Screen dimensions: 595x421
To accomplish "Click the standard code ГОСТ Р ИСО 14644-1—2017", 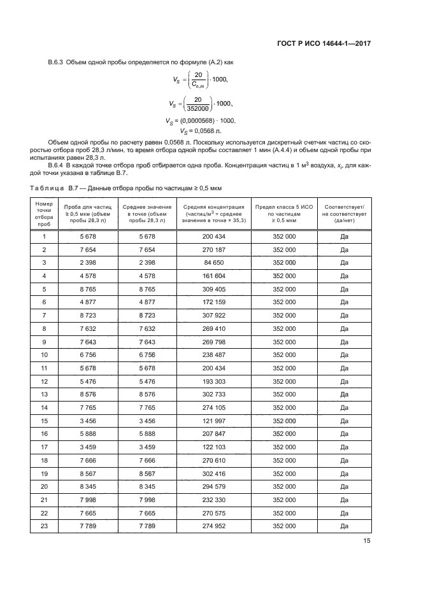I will [324, 44].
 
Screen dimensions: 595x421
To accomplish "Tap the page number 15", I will [367, 542].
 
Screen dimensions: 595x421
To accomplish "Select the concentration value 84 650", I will [214, 262].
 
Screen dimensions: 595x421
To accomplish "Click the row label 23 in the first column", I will [45, 526].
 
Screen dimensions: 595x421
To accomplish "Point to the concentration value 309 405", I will [214, 289].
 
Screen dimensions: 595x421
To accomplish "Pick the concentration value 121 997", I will [214, 421].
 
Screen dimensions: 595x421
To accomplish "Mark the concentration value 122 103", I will [214, 447].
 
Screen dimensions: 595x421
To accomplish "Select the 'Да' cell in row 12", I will [345, 381].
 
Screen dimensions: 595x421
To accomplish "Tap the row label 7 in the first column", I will [45, 315].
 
